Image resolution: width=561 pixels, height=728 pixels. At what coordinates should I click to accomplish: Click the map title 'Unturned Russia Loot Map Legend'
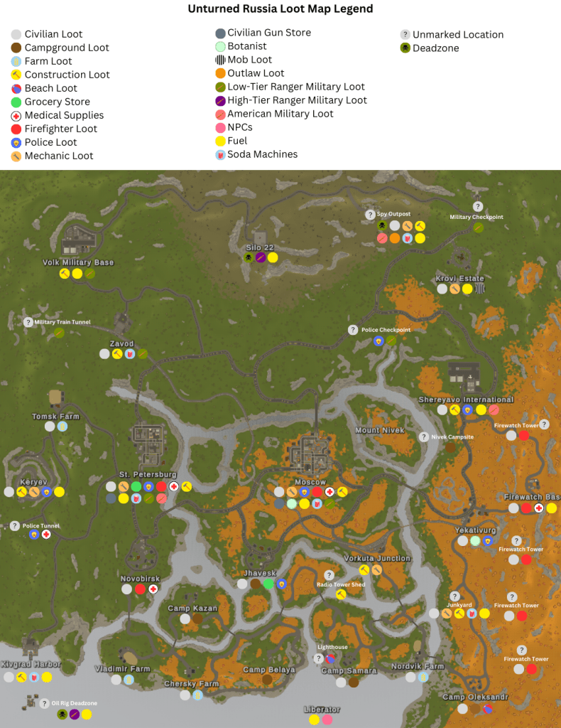(280, 9)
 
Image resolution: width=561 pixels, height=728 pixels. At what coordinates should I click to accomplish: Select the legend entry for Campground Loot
(67, 48)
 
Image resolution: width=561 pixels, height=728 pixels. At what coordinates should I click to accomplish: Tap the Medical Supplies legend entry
(64, 115)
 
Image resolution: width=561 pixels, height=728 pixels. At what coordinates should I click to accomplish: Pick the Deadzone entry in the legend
(435, 48)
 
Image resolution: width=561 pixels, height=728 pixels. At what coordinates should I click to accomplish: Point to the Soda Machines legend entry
(262, 154)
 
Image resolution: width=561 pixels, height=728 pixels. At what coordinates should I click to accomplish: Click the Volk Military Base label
(78, 262)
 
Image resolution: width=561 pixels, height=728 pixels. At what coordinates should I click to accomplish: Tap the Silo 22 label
(259, 247)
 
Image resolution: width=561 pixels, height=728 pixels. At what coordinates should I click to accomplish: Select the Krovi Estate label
(459, 279)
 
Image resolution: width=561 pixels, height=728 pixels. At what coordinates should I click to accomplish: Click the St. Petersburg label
(148, 474)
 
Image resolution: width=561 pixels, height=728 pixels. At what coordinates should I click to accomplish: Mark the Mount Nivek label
(379, 430)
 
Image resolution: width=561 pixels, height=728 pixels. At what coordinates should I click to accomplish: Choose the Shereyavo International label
(466, 400)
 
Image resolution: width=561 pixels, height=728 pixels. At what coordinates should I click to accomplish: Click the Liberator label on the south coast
(321, 710)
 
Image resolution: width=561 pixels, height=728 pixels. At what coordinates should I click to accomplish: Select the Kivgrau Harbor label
(31, 665)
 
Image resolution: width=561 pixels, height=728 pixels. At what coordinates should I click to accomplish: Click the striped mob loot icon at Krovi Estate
(480, 289)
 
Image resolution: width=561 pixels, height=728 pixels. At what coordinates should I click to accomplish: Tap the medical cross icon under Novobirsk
(153, 589)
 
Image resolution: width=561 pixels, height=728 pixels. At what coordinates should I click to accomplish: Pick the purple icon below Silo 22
(260, 257)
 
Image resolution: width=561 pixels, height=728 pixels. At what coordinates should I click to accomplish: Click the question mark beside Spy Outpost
(370, 215)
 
